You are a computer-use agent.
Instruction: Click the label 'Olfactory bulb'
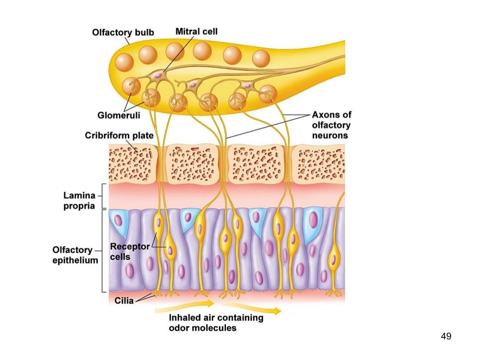click(x=123, y=32)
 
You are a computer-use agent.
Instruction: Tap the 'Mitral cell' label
click(x=196, y=31)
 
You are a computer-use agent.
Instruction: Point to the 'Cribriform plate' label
click(x=119, y=135)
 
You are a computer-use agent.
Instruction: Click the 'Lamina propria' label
click(x=79, y=200)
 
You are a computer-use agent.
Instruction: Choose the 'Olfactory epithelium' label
click(x=75, y=255)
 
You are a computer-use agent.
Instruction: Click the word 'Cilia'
click(x=124, y=301)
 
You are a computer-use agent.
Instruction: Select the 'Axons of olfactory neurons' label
click(x=331, y=125)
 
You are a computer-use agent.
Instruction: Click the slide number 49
click(x=446, y=336)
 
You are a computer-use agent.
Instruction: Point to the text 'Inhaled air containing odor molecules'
click(x=216, y=322)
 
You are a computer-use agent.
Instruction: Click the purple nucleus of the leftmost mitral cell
click(x=158, y=75)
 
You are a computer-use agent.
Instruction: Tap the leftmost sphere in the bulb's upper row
click(x=125, y=62)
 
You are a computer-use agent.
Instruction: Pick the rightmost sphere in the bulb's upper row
click(x=261, y=58)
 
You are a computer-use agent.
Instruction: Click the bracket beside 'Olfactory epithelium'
click(x=102, y=251)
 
